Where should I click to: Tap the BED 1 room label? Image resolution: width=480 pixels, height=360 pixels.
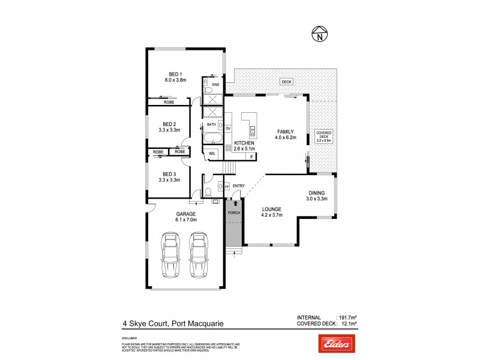[176, 74]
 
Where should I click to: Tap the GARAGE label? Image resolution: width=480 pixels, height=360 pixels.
[186, 214]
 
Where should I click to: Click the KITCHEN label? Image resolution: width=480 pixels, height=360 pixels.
[244, 143]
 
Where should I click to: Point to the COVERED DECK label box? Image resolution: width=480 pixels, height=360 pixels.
[324, 136]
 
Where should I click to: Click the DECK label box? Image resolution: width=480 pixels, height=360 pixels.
[286, 81]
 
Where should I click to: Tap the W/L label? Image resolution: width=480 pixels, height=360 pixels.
[212, 154]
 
